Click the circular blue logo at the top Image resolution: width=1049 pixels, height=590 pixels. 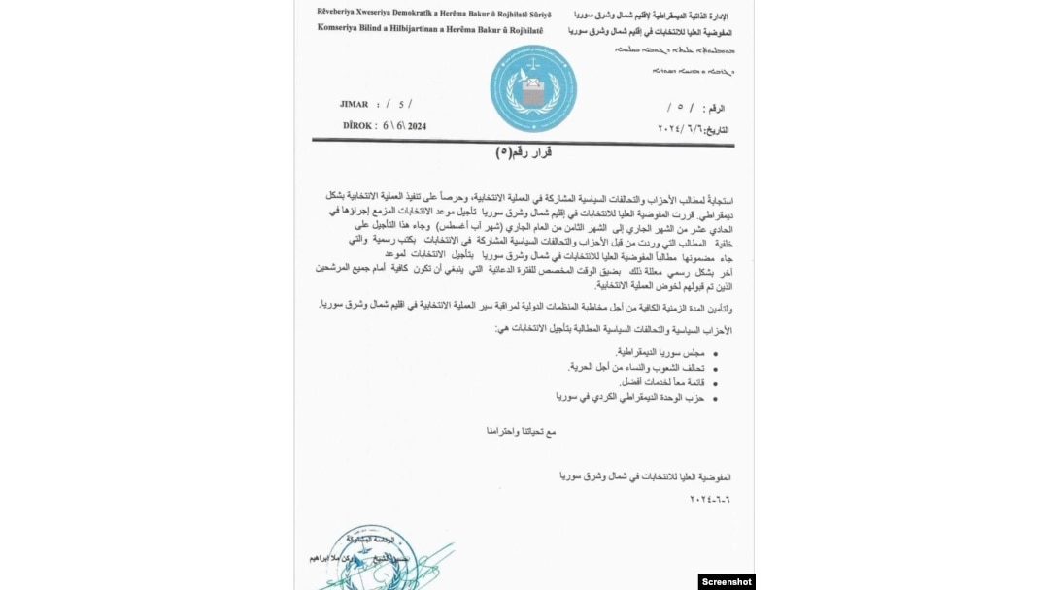point(533,88)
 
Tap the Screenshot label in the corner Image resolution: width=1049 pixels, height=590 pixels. point(726,581)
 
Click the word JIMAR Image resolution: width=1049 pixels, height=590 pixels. point(354,104)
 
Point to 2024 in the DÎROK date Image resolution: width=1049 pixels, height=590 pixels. point(417,126)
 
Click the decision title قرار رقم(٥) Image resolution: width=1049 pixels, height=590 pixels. point(524,153)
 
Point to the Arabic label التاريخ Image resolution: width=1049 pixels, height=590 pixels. point(717,129)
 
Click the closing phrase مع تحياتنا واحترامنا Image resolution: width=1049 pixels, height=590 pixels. point(522,430)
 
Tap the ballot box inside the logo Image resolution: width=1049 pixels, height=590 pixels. point(532,92)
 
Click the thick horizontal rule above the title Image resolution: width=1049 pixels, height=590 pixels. point(523,142)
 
